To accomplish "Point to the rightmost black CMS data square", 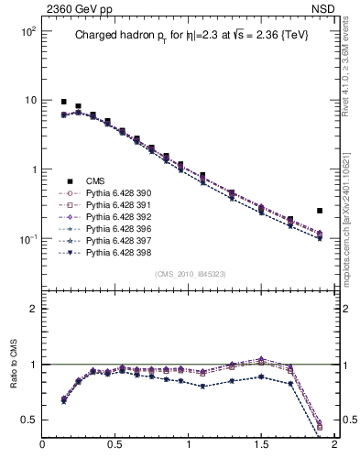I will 320,211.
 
